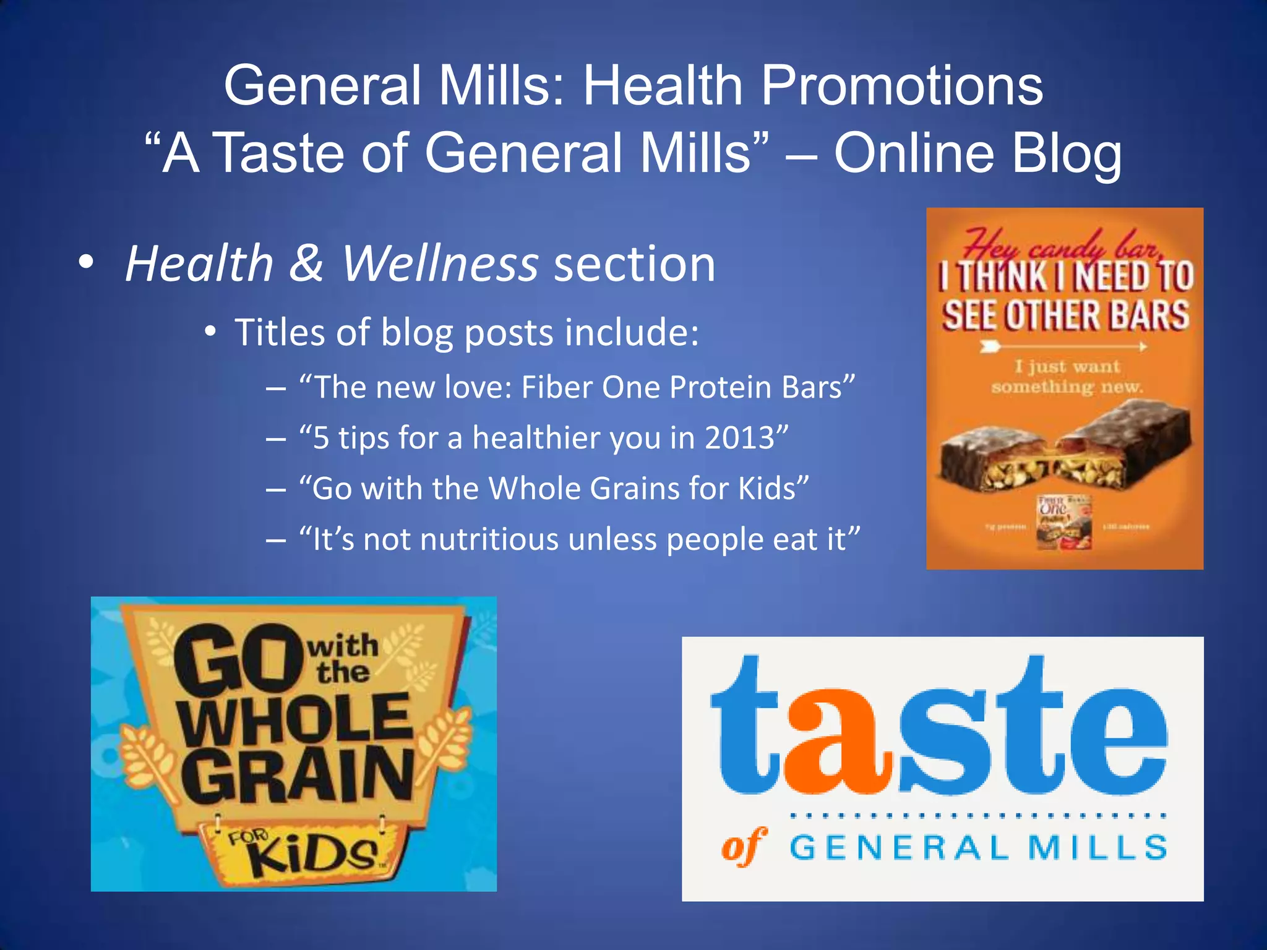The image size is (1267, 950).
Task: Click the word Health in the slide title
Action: click(x=663, y=86)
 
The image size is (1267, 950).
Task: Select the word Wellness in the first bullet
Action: click(x=440, y=264)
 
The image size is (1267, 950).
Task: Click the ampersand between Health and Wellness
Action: click(x=306, y=264)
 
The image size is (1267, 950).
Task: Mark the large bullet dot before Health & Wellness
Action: click(x=87, y=262)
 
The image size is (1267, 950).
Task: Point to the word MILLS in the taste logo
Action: click(x=1097, y=847)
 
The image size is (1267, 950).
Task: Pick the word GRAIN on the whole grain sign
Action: click(x=297, y=777)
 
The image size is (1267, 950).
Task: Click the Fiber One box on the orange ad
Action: click(x=1063, y=523)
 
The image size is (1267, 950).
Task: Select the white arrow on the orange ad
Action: click(x=1063, y=347)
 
